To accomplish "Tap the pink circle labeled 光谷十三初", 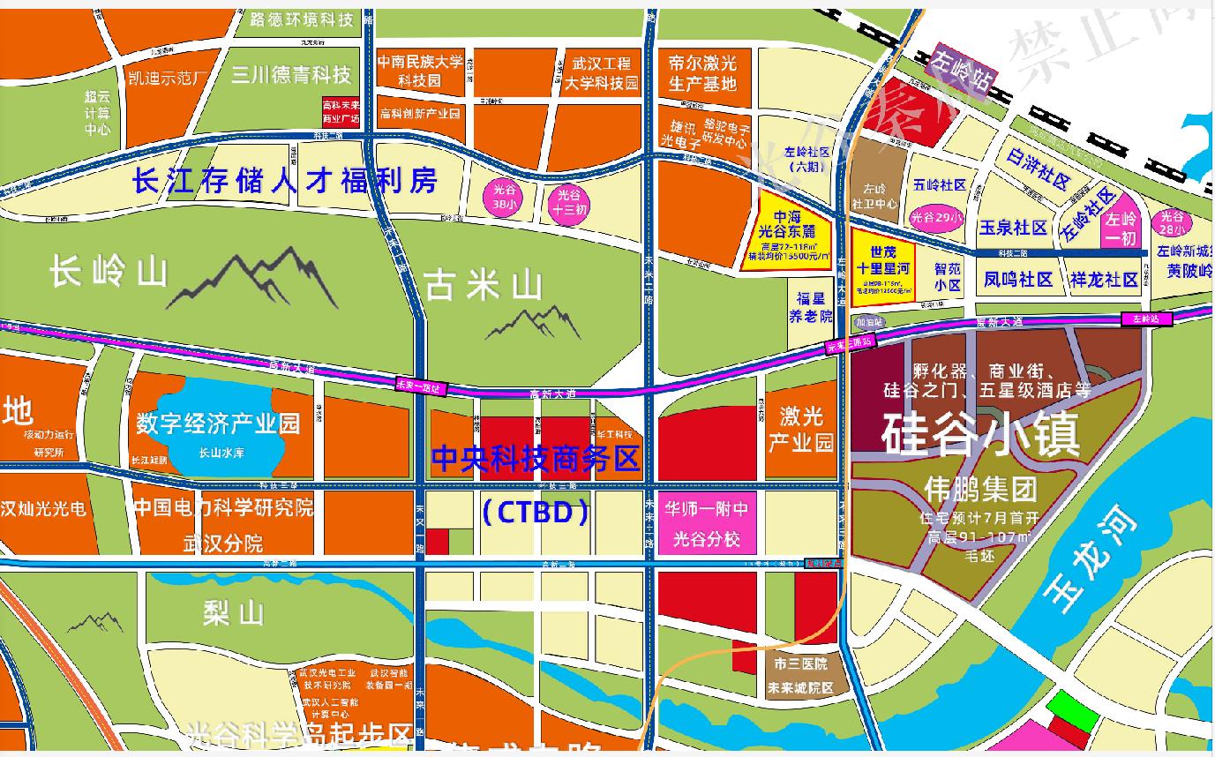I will pos(567,202).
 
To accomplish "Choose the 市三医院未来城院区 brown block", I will pos(798,675).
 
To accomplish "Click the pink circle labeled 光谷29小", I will pos(937,217).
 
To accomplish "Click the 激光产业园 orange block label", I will pos(800,428).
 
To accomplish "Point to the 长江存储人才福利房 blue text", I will pos(285,183).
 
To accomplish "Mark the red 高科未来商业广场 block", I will pos(340,113).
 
